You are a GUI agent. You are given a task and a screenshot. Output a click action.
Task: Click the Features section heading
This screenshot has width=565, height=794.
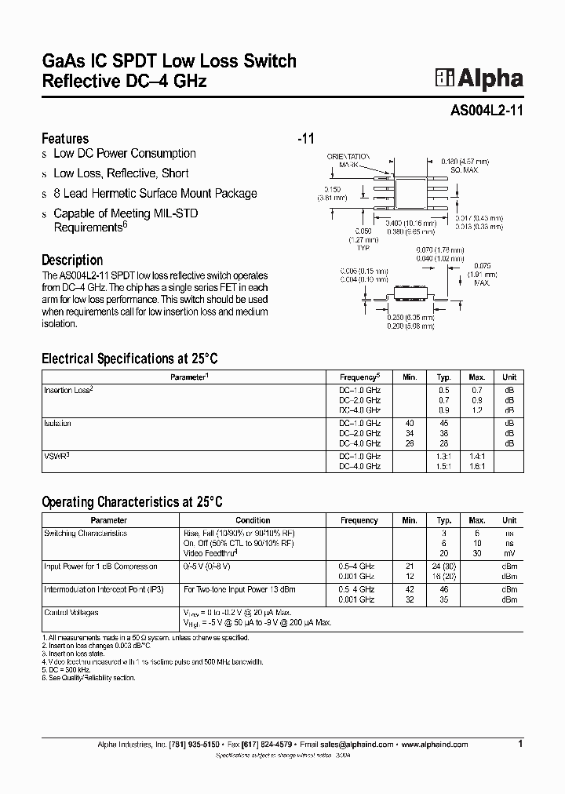click(64, 138)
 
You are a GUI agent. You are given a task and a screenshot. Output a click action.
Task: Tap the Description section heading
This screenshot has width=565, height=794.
click(72, 260)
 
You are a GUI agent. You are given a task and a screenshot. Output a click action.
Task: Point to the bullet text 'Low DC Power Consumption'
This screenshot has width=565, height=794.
click(124, 154)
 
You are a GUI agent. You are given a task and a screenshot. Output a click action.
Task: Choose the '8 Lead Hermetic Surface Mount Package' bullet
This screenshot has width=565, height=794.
click(155, 194)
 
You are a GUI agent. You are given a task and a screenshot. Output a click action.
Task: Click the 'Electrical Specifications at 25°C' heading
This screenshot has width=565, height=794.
click(129, 359)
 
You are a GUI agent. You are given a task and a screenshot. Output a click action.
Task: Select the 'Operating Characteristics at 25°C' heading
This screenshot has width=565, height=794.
click(132, 502)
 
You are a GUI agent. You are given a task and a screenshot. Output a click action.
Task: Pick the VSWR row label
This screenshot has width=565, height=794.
click(57, 456)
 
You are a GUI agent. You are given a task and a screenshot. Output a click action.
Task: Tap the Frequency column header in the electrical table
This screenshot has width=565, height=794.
click(359, 377)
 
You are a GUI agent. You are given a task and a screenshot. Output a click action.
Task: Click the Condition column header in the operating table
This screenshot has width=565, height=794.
click(253, 520)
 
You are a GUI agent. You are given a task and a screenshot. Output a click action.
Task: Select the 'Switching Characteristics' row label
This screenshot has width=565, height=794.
click(85, 533)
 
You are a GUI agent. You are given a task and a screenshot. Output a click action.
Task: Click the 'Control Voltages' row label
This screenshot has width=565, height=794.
click(71, 612)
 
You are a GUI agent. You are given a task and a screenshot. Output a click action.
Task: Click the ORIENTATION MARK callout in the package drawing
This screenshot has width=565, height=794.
click(348, 161)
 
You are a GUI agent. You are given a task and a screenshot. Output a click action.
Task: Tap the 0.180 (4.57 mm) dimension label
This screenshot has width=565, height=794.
click(465, 161)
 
